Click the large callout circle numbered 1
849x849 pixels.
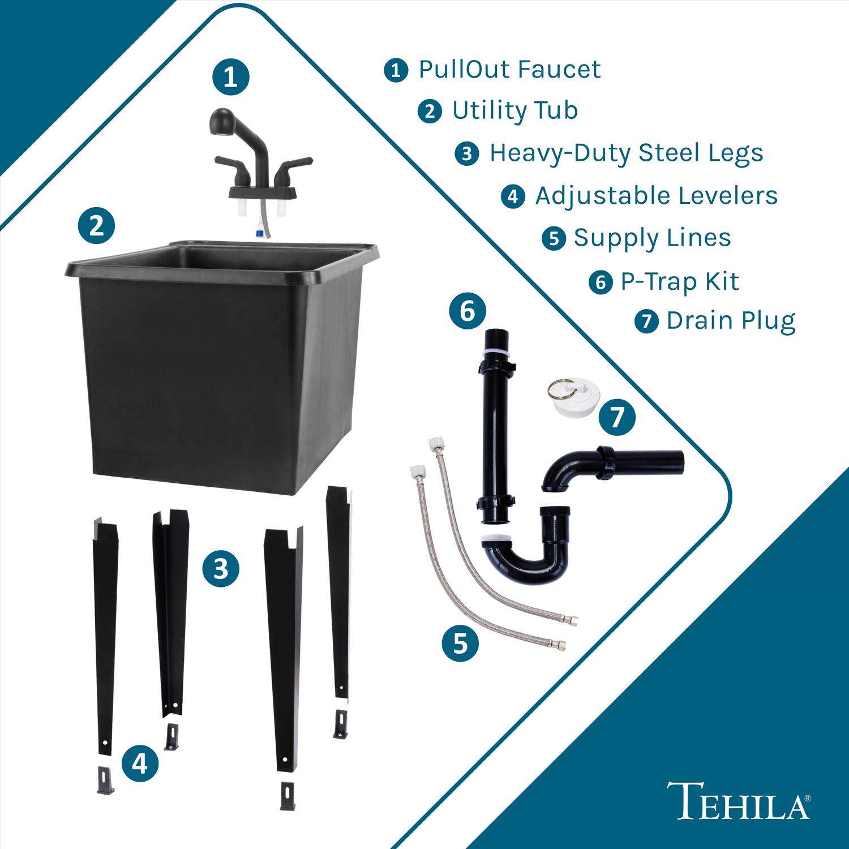[231, 78]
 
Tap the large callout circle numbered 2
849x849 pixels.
[96, 227]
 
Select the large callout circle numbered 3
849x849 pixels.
[221, 568]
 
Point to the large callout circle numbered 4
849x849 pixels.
[139, 764]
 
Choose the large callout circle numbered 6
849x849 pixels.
[468, 311]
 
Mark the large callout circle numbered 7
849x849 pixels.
[616, 417]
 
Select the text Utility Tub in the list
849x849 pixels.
[514, 110]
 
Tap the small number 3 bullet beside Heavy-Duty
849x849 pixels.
[466, 154]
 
